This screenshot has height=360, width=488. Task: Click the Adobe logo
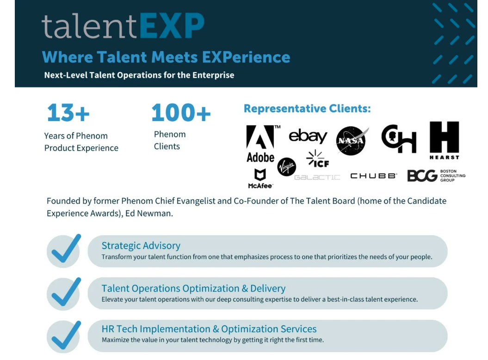tap(261, 144)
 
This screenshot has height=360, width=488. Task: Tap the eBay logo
tap(308, 136)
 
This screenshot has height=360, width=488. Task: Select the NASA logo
tap(352, 140)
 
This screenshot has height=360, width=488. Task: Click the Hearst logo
tap(444, 140)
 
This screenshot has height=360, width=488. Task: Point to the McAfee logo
tap(260, 179)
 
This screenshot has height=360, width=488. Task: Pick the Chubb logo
tap(373, 176)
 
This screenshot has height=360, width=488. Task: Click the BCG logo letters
tap(422, 176)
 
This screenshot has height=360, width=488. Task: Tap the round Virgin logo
tap(286, 167)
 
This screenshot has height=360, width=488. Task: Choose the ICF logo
tap(317, 159)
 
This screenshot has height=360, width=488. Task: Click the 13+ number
tap(68, 113)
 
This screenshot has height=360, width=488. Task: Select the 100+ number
tap(181, 113)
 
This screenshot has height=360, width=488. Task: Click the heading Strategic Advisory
tap(141, 245)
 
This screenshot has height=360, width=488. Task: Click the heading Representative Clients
tap(307, 109)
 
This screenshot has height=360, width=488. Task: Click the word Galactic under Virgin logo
tap(317, 177)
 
